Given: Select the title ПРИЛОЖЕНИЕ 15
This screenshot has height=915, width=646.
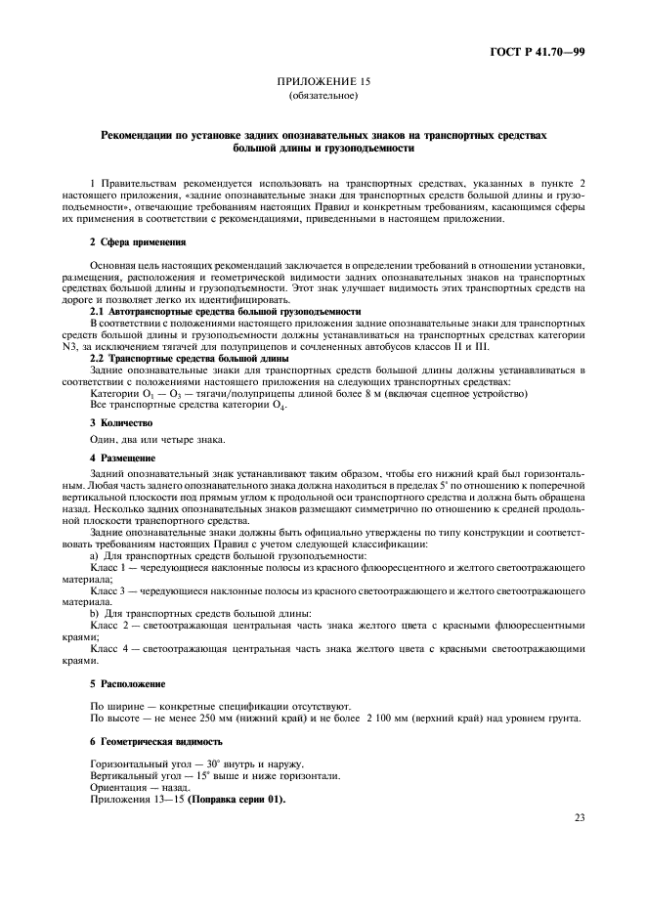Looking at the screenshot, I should pyautogui.click(x=323, y=84).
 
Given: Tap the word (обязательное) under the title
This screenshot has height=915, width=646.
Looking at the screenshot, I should pyautogui.click(x=323, y=97).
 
